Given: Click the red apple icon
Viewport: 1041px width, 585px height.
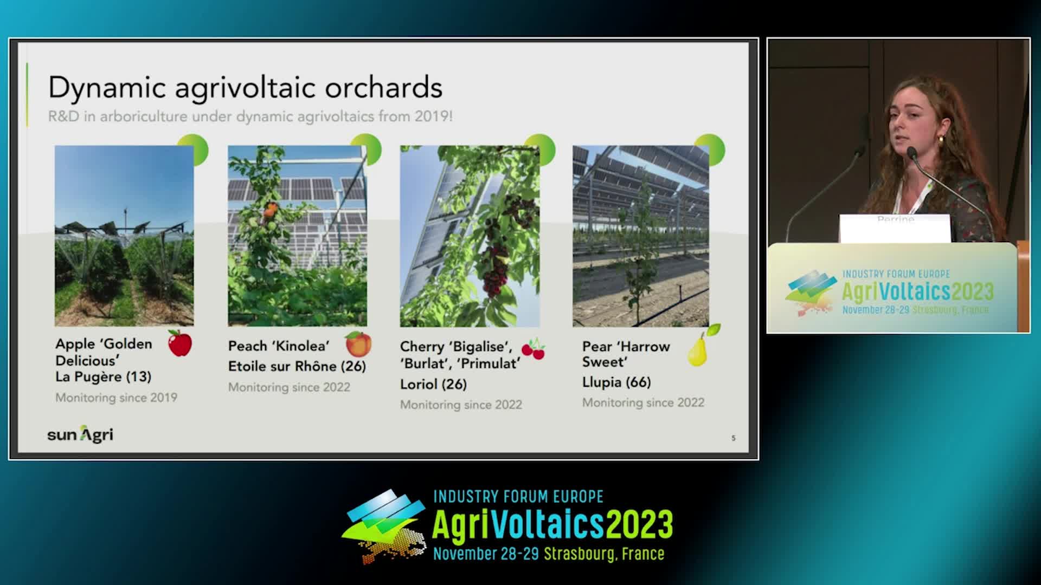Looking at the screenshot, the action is point(180,343).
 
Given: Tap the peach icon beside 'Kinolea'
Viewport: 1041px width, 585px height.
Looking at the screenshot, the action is point(358,344).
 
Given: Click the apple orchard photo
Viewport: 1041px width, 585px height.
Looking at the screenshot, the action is point(124,236).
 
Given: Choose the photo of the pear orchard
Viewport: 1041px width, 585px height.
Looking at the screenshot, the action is point(641,236).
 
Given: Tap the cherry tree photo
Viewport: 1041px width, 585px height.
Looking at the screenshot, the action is point(470,236).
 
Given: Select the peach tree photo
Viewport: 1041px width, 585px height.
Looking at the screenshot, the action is point(297,236).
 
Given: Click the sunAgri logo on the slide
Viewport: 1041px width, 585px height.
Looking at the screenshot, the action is point(80,434).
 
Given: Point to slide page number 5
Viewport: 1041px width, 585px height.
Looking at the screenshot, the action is point(734,438).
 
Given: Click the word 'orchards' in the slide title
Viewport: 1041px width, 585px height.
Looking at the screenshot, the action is point(383,88).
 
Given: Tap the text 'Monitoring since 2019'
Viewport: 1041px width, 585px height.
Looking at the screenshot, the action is point(117,398).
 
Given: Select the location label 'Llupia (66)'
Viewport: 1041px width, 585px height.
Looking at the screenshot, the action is point(616,382).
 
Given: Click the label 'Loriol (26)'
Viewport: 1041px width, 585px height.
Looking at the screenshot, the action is point(433,384).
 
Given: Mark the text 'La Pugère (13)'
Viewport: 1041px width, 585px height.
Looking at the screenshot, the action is point(103,376).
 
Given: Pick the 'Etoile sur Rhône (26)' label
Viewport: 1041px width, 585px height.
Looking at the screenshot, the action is point(297,366).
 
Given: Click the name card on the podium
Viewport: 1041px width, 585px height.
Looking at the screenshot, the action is point(895,228).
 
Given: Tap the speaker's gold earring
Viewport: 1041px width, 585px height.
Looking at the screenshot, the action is point(940,140).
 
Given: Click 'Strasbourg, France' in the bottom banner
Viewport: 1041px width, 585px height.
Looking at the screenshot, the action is point(604,554).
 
